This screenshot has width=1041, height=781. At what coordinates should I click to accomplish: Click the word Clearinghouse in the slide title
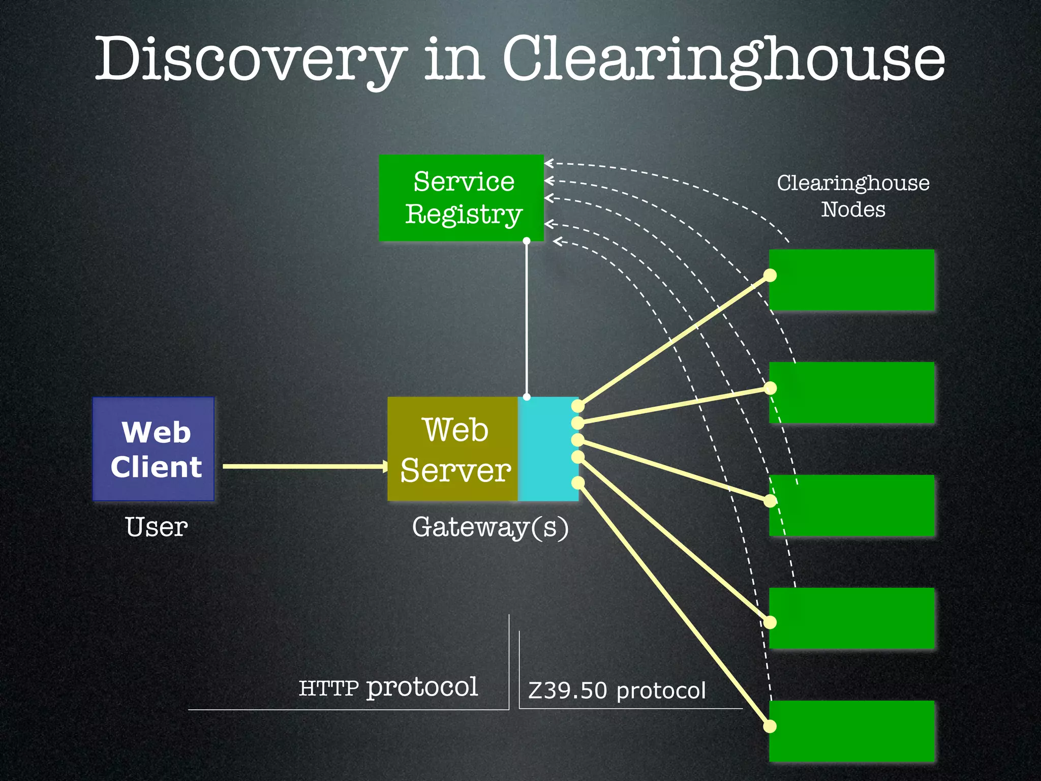(724, 60)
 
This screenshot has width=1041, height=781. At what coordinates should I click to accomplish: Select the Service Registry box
(461, 197)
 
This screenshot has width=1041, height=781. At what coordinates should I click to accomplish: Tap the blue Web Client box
(154, 449)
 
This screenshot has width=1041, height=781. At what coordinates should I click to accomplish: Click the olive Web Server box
(452, 449)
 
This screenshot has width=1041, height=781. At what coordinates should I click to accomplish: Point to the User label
(156, 527)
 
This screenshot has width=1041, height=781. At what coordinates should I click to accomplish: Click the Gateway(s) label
(490, 527)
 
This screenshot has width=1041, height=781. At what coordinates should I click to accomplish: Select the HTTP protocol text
(388, 687)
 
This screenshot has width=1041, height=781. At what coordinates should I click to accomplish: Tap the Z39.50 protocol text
(617, 690)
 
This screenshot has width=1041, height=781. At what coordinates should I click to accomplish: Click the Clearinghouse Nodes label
(853, 196)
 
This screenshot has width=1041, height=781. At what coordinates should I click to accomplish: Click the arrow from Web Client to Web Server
(305, 466)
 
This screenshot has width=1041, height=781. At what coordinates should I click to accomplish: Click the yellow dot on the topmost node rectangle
(770, 276)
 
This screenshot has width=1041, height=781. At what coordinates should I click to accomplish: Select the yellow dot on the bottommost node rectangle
(770, 727)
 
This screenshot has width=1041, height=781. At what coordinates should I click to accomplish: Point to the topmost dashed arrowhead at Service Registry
(549, 163)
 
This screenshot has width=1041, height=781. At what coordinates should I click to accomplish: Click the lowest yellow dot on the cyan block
(578, 482)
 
